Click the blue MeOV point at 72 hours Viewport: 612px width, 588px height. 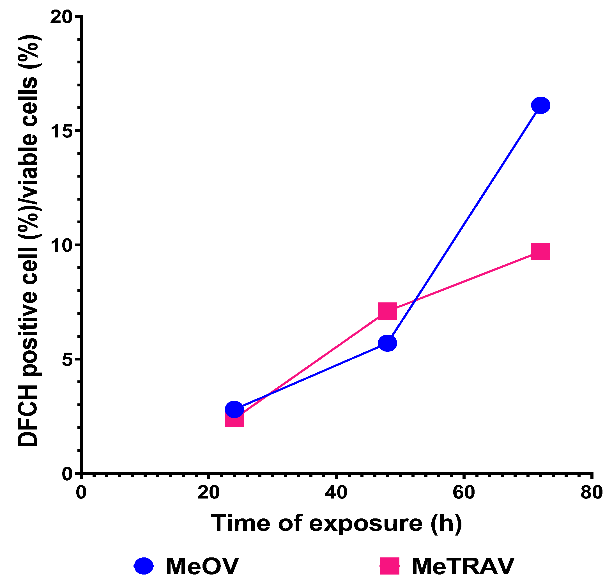(x=540, y=105)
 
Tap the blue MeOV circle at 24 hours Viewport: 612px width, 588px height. (x=234, y=409)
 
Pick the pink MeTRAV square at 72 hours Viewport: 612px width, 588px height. (x=540, y=252)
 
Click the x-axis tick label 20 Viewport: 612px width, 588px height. (x=208, y=493)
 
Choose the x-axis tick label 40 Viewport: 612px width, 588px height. (x=336, y=493)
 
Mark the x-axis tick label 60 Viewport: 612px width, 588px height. (x=463, y=493)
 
